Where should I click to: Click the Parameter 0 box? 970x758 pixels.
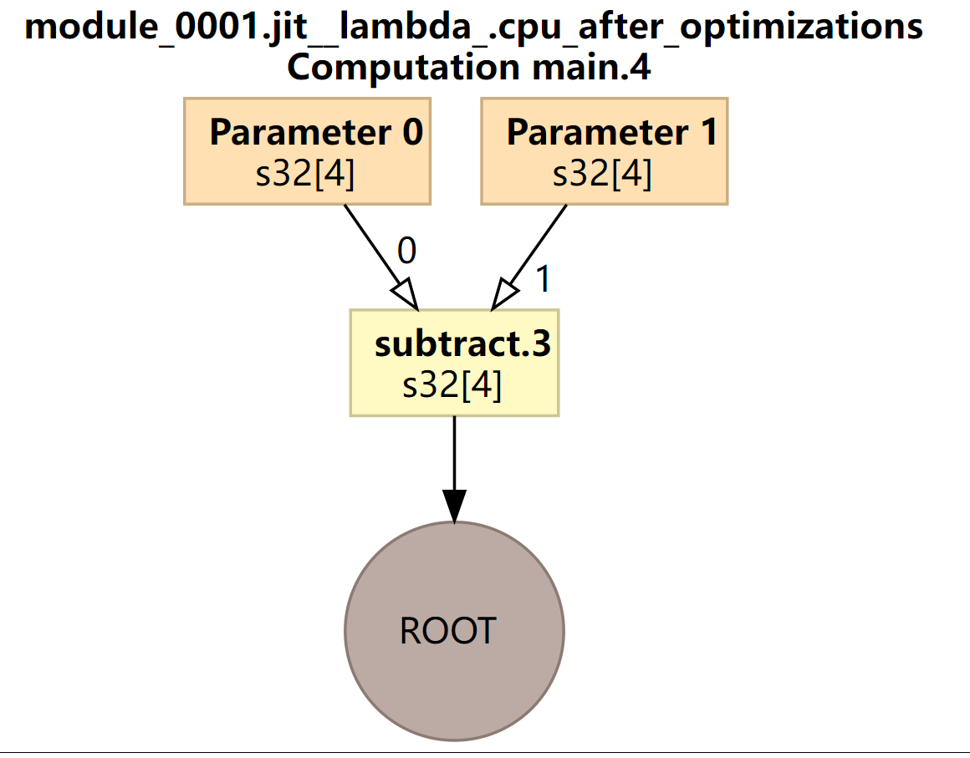(307, 150)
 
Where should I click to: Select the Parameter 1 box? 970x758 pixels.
(604, 150)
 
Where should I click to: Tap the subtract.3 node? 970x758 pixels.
(454, 363)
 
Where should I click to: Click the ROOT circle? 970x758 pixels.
(454, 631)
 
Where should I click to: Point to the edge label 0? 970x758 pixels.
(406, 251)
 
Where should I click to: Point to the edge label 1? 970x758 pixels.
(543, 279)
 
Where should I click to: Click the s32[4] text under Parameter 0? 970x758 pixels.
(305, 173)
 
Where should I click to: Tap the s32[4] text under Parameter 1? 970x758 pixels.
(602, 173)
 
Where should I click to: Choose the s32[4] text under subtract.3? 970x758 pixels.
(452, 385)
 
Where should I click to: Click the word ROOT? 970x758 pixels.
(448, 631)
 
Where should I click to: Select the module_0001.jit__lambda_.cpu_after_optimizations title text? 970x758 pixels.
(474, 27)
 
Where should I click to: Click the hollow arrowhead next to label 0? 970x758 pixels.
(405, 293)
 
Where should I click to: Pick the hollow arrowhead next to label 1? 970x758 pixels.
(504, 294)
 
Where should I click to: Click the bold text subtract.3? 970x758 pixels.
(462, 343)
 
